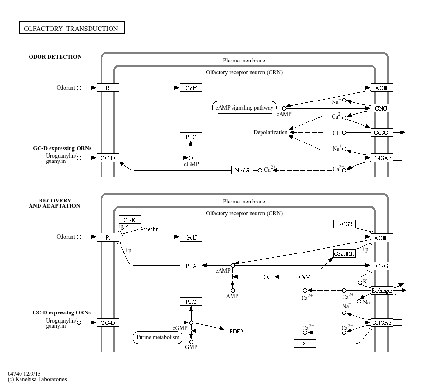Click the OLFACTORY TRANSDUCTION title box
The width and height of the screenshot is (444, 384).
click(x=71, y=29)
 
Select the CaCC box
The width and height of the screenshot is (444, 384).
click(x=382, y=132)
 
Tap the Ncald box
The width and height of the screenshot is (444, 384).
click(x=242, y=170)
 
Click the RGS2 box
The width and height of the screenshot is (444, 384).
click(x=344, y=224)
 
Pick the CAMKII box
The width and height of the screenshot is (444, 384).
click(x=344, y=253)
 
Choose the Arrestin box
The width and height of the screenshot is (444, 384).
click(x=149, y=229)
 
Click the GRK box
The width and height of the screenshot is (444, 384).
click(x=130, y=220)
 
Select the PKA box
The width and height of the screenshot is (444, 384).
click(x=191, y=266)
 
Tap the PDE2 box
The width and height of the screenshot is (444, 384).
click(x=236, y=331)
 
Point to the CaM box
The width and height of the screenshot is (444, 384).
click(x=305, y=277)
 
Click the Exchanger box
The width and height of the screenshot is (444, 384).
click(x=382, y=290)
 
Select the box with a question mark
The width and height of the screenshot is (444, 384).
click(x=305, y=344)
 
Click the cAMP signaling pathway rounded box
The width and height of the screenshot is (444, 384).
click(x=244, y=108)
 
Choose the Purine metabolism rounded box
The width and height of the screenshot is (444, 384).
click(x=158, y=337)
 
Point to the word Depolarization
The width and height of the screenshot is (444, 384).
click(x=271, y=132)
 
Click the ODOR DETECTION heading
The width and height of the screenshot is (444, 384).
click(x=55, y=57)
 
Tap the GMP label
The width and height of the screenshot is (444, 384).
click(x=191, y=347)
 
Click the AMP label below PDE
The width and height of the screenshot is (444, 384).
click(x=232, y=296)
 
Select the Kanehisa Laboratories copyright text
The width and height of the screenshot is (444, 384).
click(x=37, y=379)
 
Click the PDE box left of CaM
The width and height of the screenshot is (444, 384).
click(x=263, y=277)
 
